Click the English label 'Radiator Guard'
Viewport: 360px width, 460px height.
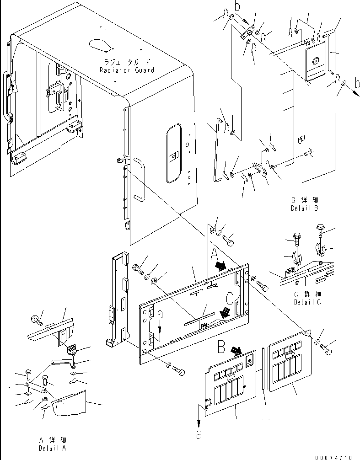coord(127,70)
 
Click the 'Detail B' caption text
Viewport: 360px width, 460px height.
coord(304,208)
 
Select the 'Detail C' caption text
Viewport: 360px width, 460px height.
coord(307,302)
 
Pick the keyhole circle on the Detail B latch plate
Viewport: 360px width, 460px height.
coord(315,60)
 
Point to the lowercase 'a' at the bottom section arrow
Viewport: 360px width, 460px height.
coord(199,434)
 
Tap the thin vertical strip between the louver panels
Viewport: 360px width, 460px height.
coord(264,375)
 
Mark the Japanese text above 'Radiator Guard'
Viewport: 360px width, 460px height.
coord(127,62)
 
